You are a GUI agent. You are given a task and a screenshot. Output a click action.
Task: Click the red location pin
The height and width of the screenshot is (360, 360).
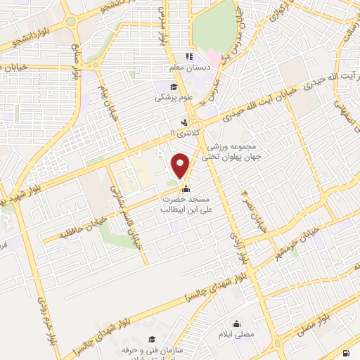tap(181, 166)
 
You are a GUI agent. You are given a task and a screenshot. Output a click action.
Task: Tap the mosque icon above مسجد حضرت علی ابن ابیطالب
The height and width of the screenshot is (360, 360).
tap(186, 188)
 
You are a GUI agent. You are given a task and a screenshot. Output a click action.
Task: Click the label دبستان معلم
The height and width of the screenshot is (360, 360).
tap(186, 69)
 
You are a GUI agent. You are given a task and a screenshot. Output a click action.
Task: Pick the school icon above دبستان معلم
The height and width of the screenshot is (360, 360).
tap(188, 57)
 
